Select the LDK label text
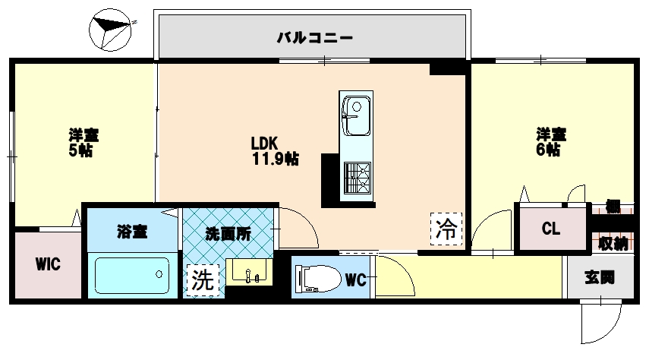point(266,143)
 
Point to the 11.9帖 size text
point(275,159)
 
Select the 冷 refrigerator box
point(447,228)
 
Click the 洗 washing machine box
point(201,279)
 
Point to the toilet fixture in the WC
point(316,279)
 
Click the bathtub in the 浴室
point(131,277)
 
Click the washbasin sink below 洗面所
point(248,273)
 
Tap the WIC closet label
point(48,264)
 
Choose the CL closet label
point(550,229)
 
